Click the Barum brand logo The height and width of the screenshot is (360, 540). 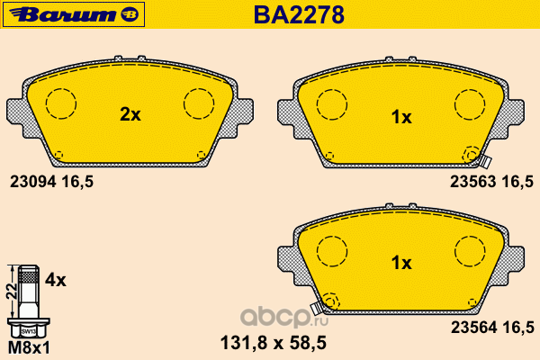coord(74,14)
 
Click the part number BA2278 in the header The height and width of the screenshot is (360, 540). coord(299,14)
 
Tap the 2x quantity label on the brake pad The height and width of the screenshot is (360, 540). coord(130,114)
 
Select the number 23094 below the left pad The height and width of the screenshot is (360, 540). coord(32,182)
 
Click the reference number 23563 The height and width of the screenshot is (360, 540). coord(472,182)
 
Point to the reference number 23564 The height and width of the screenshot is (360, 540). coord(474,328)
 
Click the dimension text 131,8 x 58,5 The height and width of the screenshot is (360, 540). coord(273,343)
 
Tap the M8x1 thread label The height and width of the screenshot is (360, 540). coord(29,348)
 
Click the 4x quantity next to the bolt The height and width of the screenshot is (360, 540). coord(56,281)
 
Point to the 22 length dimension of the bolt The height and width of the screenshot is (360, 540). coord(12,292)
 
